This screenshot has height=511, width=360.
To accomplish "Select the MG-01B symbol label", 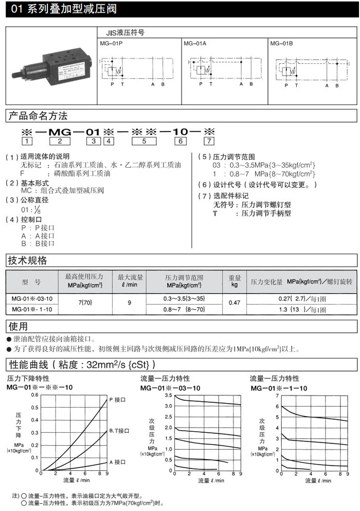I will point(281,44).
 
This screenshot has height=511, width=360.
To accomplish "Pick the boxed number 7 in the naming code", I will point(208,141).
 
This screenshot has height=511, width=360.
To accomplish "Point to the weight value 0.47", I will point(234,303).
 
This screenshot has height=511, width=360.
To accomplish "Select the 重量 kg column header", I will point(235,280).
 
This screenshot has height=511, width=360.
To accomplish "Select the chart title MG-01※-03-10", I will point(171,387).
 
